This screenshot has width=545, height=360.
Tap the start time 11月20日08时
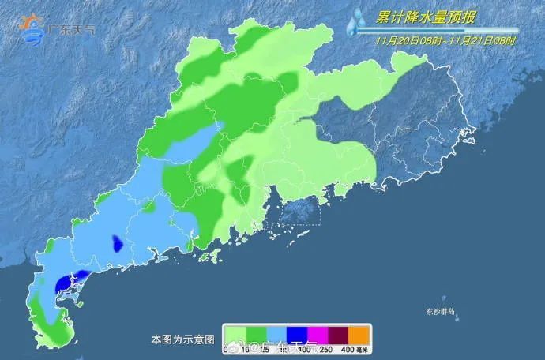click(x=404, y=40)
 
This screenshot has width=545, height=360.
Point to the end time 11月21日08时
click(x=483, y=40)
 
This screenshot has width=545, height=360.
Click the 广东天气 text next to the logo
click(x=72, y=30)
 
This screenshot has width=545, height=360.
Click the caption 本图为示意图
click(x=182, y=339)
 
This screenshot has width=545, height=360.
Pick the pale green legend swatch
click(x=235, y=333)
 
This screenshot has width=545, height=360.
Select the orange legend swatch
click(x=360, y=333)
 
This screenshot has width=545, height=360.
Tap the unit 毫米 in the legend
click(x=364, y=348)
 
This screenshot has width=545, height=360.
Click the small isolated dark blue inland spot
click(x=117, y=244)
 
